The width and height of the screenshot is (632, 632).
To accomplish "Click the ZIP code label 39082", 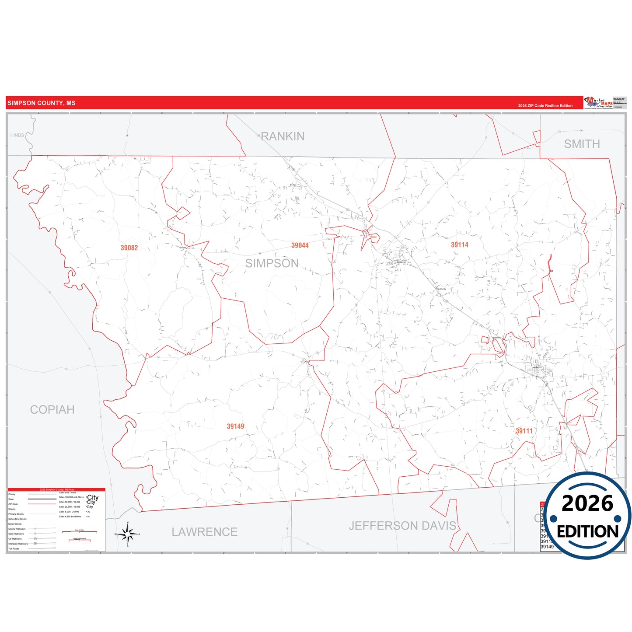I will coord(129,248).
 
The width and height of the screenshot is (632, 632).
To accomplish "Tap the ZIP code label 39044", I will coord(300,245).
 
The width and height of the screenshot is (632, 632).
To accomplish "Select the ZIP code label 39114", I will coord(460,245).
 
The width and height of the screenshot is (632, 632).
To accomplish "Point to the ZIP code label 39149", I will coord(235,426).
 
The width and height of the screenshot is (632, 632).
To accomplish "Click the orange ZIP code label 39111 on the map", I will coord(524,431).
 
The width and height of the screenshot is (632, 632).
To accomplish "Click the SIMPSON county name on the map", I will coord(272,263).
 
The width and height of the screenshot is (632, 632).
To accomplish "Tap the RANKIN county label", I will coord(283,136).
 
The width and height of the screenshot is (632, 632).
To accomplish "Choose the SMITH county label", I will coord(582,144).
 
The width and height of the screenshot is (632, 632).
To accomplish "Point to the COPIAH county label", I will coord(52,410).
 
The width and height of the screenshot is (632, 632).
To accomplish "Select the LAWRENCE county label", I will coord(204,532).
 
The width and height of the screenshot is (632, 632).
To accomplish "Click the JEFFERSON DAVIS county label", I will coord(402,526).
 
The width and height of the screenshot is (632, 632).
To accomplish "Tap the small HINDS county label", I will coord(17,135).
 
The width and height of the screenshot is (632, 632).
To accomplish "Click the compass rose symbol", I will coord(127,534).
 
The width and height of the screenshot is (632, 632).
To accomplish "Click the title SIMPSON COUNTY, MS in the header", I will coord(42,103).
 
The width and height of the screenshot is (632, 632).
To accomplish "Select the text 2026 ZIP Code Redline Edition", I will coord(545,106).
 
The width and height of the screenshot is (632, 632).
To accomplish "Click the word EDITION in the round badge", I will coord(587,531).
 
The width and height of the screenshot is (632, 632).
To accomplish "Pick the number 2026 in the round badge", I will coord(587,504).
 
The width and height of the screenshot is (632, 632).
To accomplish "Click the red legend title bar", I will coord(56,489).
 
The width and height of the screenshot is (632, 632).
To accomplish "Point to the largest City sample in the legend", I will coord(93,498).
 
